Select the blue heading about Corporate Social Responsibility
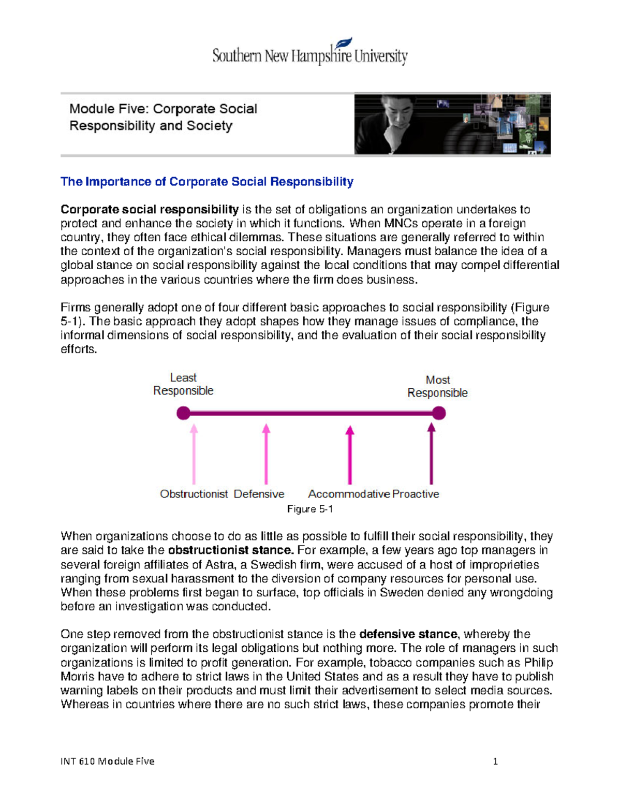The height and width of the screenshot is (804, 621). pyautogui.click(x=206, y=182)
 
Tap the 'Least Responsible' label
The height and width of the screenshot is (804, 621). pyautogui.click(x=183, y=384)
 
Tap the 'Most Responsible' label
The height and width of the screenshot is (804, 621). pyautogui.click(x=437, y=386)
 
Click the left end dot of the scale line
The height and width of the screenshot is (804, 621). pyautogui.click(x=183, y=413)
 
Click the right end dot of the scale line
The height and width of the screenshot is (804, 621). pyautogui.click(x=439, y=413)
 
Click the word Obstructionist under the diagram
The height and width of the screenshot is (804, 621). pyautogui.click(x=194, y=494)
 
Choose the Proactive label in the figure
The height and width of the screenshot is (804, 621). pyautogui.click(x=416, y=494)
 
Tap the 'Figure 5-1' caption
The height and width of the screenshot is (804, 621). pyautogui.click(x=309, y=509)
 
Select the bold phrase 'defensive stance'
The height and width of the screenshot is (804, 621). pyautogui.click(x=408, y=634)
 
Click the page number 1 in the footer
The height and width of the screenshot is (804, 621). pyautogui.click(x=495, y=761)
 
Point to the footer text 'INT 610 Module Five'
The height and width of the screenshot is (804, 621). pyautogui.click(x=107, y=761)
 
